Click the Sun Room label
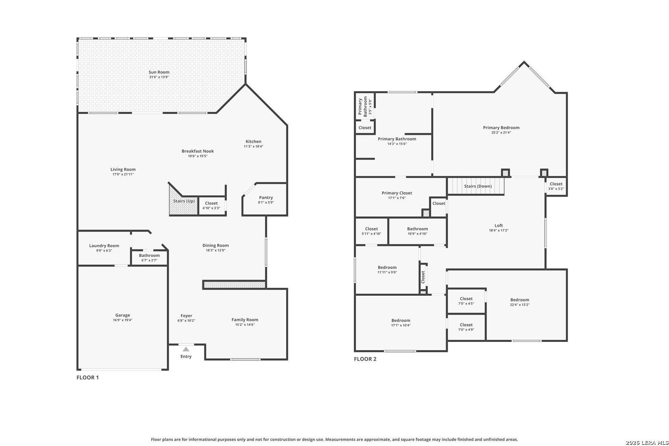point(159,72)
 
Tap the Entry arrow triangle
point(186,349)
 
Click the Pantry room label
point(266,197)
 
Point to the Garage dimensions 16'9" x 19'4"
point(123,320)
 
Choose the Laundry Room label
point(104,246)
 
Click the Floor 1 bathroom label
point(149,255)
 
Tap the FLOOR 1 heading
point(88,377)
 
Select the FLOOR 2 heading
point(365,359)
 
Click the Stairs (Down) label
point(478,186)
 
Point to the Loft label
point(498,225)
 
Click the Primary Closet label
point(396,193)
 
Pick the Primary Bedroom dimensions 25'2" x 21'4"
point(501,132)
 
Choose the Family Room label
point(244,320)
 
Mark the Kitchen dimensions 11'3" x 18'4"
point(253,146)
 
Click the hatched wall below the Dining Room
point(234,285)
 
